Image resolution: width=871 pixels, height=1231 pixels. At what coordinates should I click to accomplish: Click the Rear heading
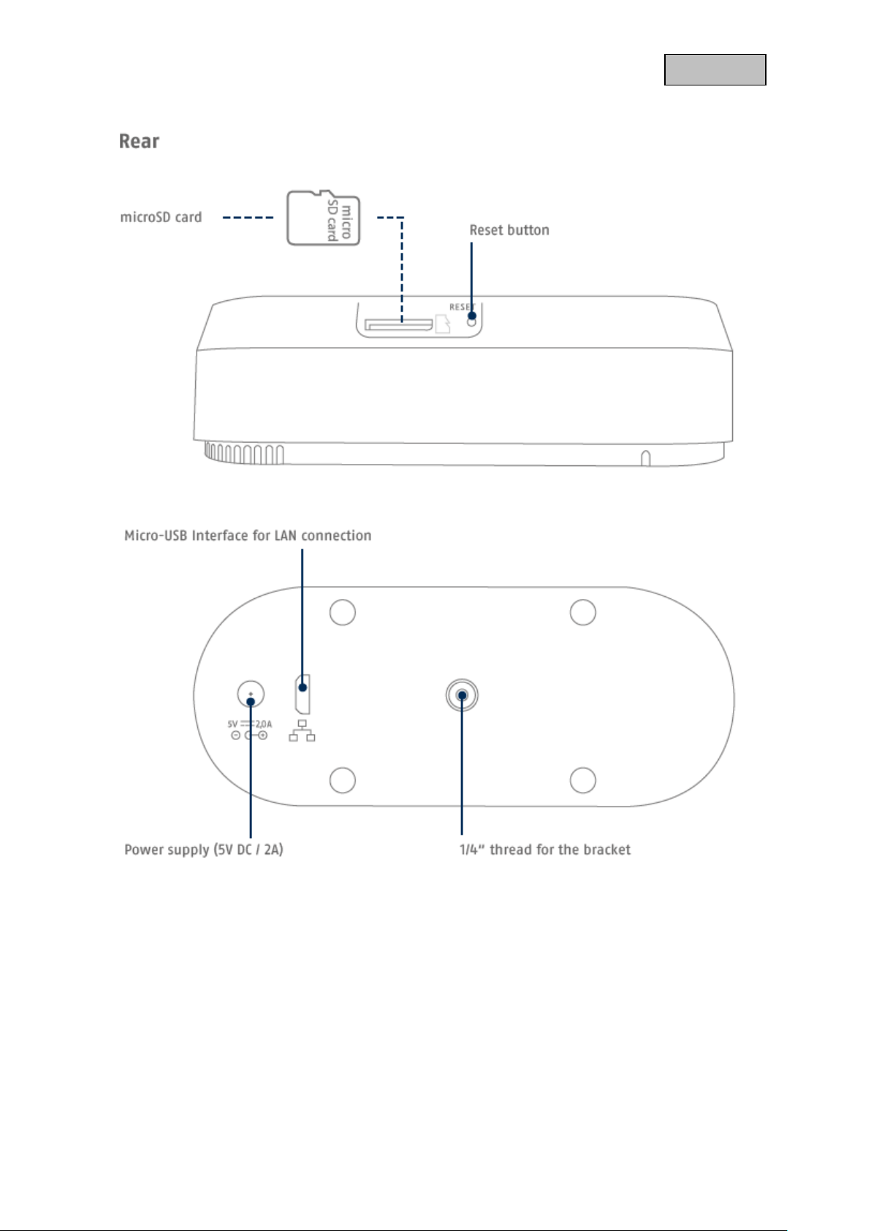(x=139, y=141)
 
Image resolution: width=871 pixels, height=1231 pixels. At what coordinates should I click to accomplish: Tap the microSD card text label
(x=161, y=217)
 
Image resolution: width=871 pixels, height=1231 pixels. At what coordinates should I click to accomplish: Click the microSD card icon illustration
(x=324, y=218)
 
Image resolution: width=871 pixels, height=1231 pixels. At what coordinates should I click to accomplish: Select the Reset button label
(x=509, y=230)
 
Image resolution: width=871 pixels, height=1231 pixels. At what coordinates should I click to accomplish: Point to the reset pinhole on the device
(x=471, y=320)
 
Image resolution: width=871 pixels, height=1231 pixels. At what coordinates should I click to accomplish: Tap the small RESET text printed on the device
(x=460, y=307)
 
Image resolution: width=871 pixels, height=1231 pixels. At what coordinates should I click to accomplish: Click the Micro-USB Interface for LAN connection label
(x=248, y=536)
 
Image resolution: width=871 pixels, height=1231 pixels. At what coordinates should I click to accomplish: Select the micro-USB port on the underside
(x=302, y=695)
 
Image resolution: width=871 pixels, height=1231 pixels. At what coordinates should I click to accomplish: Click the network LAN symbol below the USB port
(x=302, y=731)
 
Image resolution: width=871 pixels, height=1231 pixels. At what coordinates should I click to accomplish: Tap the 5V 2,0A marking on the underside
(x=249, y=724)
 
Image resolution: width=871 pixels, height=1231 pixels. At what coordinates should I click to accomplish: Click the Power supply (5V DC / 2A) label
(x=204, y=850)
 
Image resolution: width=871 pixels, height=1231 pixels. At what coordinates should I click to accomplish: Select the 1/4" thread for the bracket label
(x=544, y=850)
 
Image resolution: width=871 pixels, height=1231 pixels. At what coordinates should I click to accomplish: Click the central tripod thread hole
(x=462, y=695)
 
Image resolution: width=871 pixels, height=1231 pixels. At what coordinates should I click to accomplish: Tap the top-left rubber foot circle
(x=342, y=612)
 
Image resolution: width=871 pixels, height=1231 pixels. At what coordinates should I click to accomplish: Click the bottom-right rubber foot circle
(x=582, y=780)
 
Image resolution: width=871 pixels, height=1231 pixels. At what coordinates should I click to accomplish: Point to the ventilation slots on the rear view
(x=243, y=454)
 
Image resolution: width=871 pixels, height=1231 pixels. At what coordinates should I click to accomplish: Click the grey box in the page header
(x=715, y=70)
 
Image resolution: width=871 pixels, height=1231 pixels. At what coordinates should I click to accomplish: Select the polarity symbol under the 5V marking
(x=249, y=735)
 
